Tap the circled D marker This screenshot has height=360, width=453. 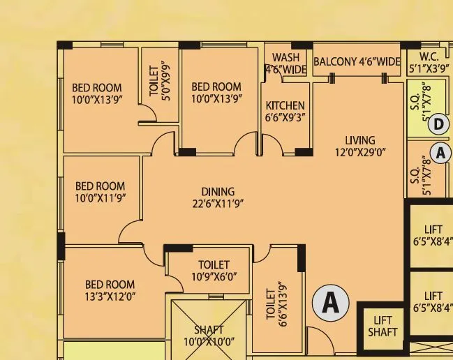click(438, 125)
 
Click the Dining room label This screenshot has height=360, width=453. click(218, 192)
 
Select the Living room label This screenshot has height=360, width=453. click(359, 140)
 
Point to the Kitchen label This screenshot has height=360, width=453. click(285, 106)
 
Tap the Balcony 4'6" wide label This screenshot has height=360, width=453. click(357, 62)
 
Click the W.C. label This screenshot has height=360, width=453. click(429, 57)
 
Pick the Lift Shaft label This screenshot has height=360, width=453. click(382, 325)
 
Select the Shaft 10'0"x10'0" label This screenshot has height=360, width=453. click(209, 336)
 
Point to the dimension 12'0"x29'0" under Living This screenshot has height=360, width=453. click(359, 152)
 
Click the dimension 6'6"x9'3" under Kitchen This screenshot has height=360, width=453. click(285, 119)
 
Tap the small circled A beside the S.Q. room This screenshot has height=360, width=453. click(440, 151)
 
